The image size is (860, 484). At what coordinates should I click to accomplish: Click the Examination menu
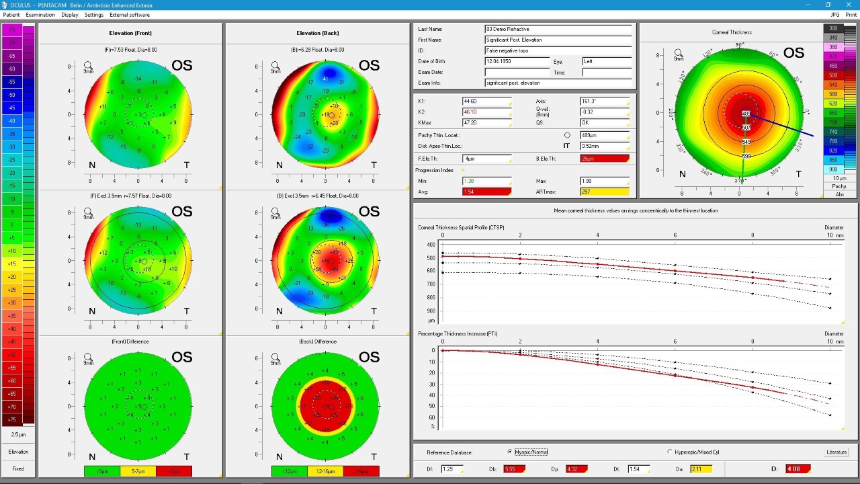coord(40,15)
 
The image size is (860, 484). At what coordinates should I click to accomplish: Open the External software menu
coord(130,15)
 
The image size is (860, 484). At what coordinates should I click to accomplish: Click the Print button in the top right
coord(851,15)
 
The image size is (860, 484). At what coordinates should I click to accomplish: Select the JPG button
coord(835,15)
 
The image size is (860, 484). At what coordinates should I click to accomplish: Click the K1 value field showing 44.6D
coord(486,102)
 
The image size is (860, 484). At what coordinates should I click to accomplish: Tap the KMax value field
coord(486,123)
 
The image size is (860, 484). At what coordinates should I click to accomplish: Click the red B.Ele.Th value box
coord(604,159)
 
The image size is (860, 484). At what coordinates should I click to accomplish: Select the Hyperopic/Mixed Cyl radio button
coord(670,452)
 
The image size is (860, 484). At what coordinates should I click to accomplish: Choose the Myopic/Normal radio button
coord(511,452)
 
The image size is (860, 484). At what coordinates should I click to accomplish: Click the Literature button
coord(836,452)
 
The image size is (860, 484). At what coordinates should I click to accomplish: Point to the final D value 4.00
coord(798,469)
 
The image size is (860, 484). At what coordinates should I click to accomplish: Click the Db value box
coord(515,469)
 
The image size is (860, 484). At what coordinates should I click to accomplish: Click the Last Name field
coord(558,29)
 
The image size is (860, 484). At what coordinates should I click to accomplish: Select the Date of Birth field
coord(517,61)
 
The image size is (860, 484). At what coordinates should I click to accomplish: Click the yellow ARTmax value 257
coord(604,192)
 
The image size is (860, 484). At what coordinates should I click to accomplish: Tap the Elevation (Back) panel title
coord(317,33)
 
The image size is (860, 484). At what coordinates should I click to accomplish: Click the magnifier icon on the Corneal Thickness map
coord(679,52)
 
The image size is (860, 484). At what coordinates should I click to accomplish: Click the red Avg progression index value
coord(486,192)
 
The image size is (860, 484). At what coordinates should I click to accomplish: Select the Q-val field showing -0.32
coord(604,112)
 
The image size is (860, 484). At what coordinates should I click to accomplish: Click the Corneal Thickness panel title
coord(732,32)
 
